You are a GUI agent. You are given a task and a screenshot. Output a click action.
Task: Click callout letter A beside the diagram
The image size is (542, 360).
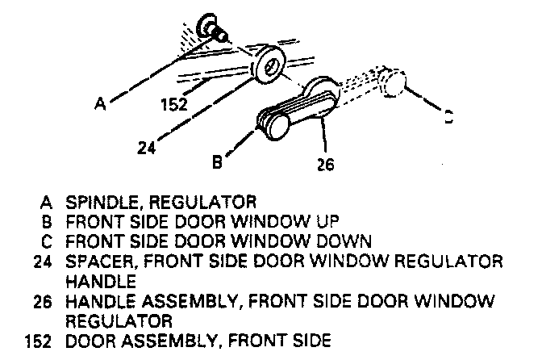pyautogui.click(x=99, y=103)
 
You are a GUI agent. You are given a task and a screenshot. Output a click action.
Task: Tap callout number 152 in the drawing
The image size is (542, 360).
pyautogui.click(x=173, y=104)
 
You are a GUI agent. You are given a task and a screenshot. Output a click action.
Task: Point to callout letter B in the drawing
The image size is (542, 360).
pyautogui.click(x=216, y=161)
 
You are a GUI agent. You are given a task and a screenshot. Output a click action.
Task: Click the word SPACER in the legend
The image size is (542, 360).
pyautogui.click(x=94, y=262)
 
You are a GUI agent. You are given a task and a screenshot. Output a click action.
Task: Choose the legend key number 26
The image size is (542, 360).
pyautogui.click(x=44, y=301)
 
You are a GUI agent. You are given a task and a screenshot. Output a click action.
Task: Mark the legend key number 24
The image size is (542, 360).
pyautogui.click(x=44, y=262)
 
